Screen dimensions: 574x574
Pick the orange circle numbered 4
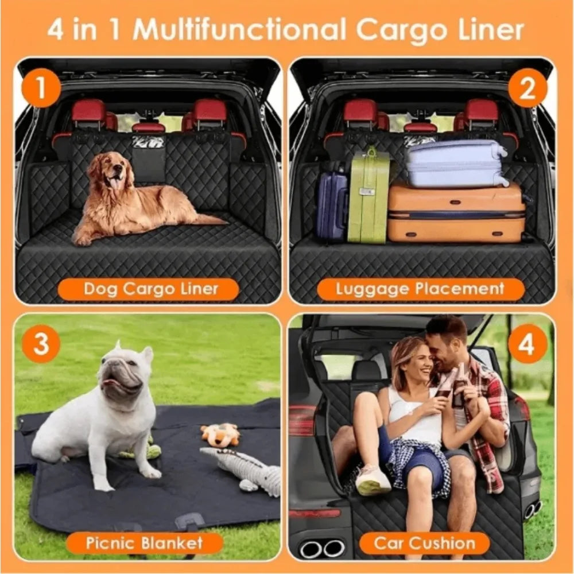pyautogui.click(x=527, y=343)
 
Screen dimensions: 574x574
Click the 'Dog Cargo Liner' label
pyautogui.click(x=148, y=289)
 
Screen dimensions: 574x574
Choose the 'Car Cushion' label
pyautogui.click(x=425, y=542)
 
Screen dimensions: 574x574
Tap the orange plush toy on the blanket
pyautogui.click(x=220, y=435)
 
